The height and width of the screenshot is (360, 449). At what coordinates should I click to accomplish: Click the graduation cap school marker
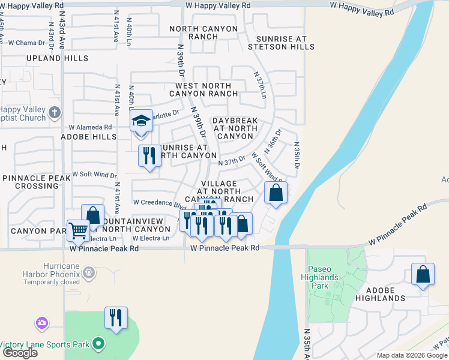point(142,122)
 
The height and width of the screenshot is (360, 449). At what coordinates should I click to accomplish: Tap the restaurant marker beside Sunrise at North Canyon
point(149,156)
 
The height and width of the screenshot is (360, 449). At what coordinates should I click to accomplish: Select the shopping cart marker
point(79,230)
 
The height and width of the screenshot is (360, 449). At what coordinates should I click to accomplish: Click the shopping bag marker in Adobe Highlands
point(423,274)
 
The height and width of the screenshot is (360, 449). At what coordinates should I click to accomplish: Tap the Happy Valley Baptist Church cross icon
point(55,112)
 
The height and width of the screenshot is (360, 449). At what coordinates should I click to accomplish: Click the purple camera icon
point(41,323)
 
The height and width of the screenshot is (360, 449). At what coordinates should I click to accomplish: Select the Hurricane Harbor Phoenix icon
point(88,274)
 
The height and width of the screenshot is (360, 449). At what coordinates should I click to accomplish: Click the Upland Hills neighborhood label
point(57,58)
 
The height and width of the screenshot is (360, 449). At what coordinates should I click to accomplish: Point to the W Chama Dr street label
point(26,43)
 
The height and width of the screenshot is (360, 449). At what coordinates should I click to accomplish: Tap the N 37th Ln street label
point(261,88)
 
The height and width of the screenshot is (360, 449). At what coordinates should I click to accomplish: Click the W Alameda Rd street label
point(90,127)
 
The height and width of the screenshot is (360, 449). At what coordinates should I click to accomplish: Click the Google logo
point(19,353)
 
